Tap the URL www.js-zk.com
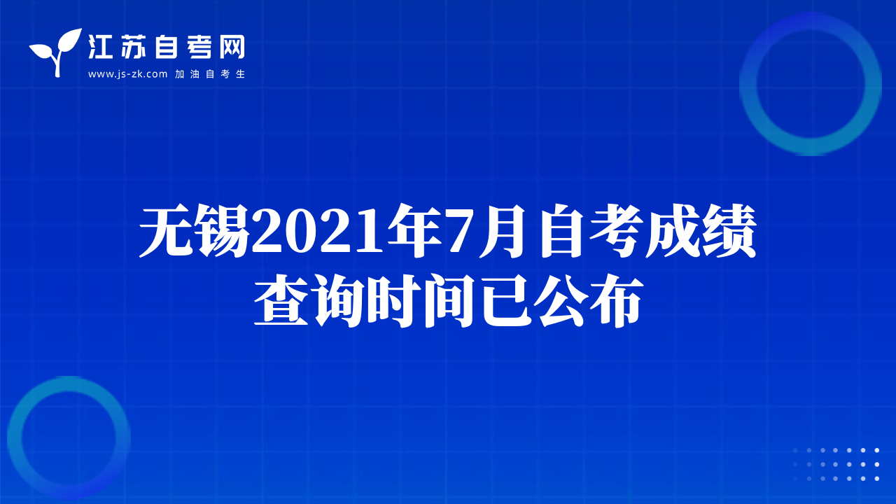127,74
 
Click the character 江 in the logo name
100,47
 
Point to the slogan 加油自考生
210,74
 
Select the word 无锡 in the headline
195,231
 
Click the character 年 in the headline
415,231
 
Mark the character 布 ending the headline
617,301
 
